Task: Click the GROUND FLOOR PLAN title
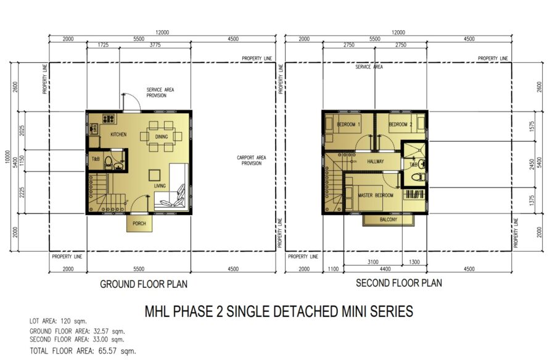point(144,284)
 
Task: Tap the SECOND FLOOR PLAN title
point(399,283)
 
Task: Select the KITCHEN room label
point(118,134)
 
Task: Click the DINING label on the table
point(162,137)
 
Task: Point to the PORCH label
point(139,223)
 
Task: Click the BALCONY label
point(388,219)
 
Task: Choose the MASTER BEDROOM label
point(375,195)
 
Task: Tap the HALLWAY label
point(375,162)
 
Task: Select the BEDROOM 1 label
point(348,125)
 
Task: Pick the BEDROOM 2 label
point(400,125)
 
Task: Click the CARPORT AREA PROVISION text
point(252,160)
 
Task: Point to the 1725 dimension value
point(102,45)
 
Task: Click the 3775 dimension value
point(155,45)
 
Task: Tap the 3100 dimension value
point(372,262)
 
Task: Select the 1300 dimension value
point(414,262)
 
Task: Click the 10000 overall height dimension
point(7,157)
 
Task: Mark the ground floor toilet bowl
point(109,163)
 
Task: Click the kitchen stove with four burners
point(109,118)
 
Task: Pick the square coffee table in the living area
point(154,175)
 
